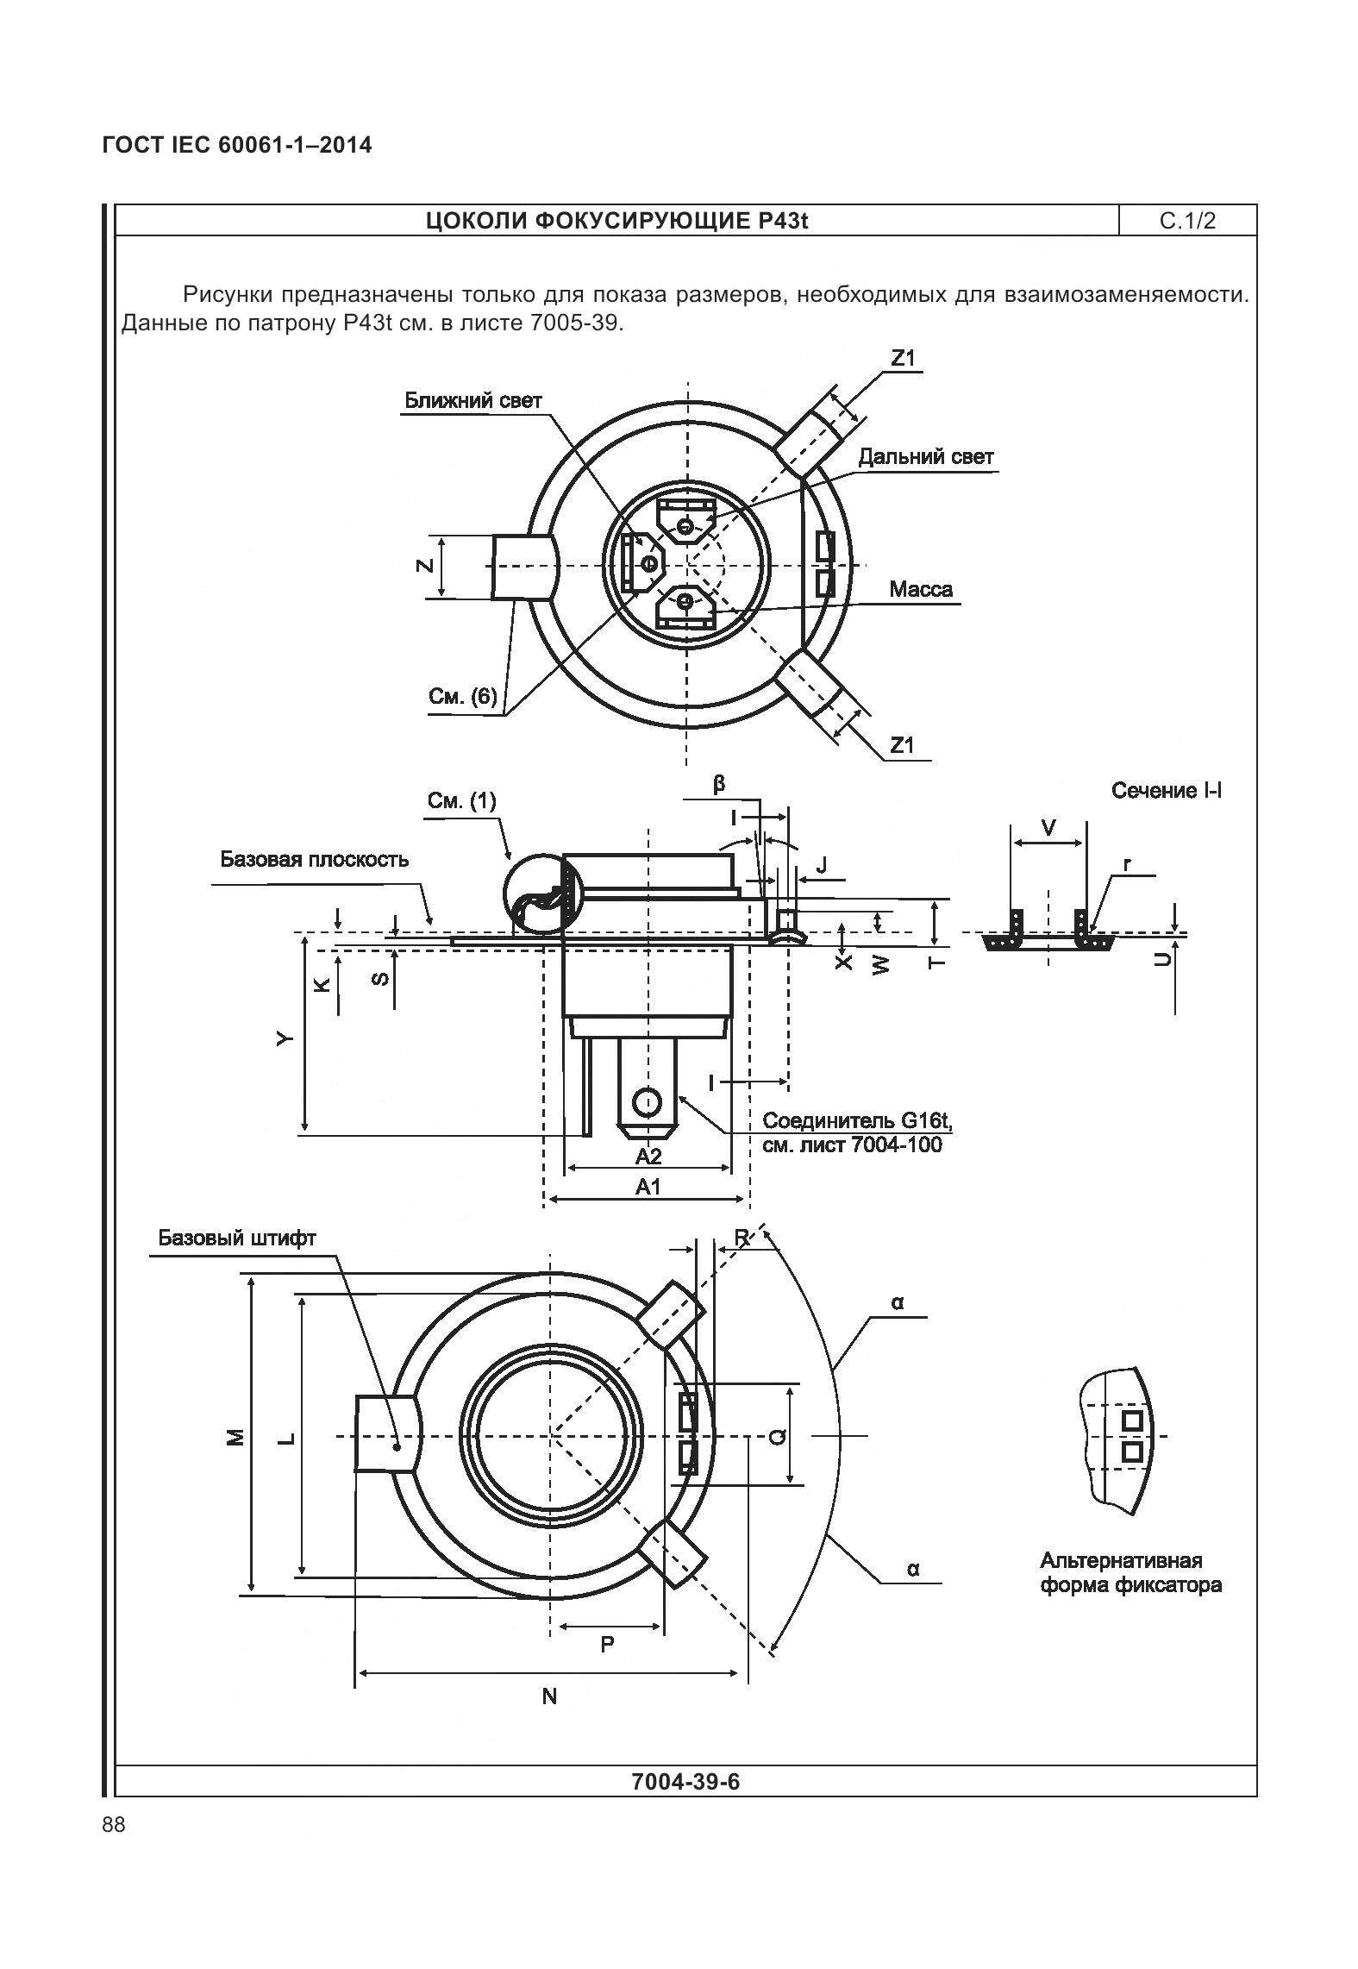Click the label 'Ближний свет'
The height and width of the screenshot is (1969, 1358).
(473, 401)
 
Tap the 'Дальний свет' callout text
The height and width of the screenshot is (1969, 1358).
(925, 457)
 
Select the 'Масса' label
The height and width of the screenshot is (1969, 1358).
(921, 590)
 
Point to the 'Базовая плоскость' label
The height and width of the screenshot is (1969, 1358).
(314, 859)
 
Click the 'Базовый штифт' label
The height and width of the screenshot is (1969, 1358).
(236, 1238)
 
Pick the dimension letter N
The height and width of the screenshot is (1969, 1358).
(549, 1696)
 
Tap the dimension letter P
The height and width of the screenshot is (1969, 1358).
(607, 1645)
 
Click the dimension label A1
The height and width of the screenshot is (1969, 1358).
(648, 1187)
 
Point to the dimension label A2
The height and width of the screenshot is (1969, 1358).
(648, 1156)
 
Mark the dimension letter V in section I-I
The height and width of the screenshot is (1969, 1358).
(1048, 829)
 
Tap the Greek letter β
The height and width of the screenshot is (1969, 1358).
(719, 785)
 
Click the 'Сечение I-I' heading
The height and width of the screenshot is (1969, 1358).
(1166, 791)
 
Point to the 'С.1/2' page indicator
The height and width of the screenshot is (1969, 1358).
(1187, 221)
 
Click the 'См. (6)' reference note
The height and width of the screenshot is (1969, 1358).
(463, 696)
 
